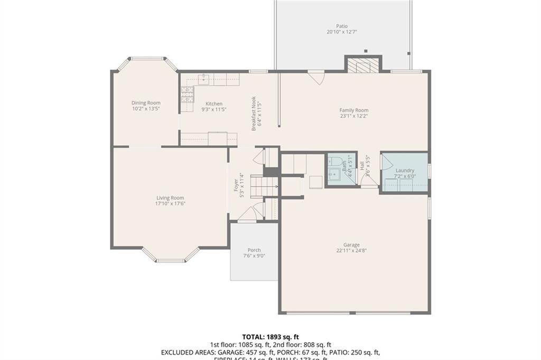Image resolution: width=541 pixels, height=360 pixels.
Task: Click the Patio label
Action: click(x=342, y=26)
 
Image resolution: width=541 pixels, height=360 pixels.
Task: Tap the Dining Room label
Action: click(x=146, y=103)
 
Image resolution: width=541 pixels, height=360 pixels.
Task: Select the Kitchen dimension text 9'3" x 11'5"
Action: click(x=214, y=110)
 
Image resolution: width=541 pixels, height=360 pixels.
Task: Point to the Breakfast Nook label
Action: click(x=254, y=113)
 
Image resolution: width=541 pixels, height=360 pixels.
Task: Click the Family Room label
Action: click(x=354, y=110)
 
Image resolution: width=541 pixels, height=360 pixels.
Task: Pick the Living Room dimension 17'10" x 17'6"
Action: click(x=170, y=204)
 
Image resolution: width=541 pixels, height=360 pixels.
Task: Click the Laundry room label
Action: click(x=405, y=170)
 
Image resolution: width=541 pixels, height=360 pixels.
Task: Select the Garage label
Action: click(x=351, y=245)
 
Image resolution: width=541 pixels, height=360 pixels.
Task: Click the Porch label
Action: click(x=254, y=250)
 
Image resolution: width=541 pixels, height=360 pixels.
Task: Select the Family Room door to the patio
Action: click(x=316, y=77)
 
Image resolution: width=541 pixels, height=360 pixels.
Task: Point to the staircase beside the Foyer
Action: click(x=264, y=186)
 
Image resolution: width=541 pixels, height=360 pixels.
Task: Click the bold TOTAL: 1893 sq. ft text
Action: click(x=270, y=336)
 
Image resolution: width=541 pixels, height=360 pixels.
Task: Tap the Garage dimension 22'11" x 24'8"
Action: click(x=351, y=251)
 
